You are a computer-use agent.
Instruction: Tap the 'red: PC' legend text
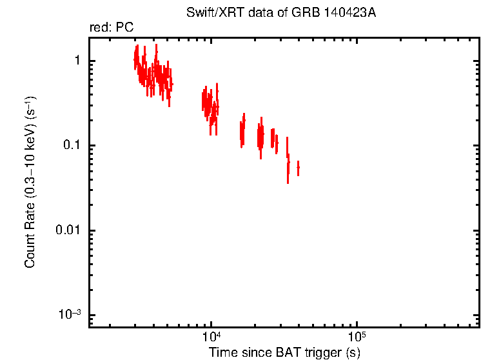coord(111,28)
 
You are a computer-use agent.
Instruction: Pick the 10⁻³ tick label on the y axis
coord(70,315)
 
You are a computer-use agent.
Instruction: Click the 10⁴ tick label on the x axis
coord(211,337)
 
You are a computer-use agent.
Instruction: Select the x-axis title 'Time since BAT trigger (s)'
coord(284,352)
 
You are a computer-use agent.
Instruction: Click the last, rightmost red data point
coord(298,168)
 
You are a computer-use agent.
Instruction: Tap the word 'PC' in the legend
coord(124,28)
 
